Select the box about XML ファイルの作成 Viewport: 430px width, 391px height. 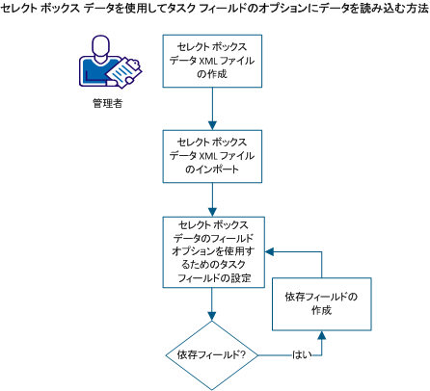pyautogui.click(x=211, y=60)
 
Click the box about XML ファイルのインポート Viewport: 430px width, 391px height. pyautogui.click(x=211, y=154)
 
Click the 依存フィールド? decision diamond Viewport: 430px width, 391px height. pyautogui.click(x=211, y=355)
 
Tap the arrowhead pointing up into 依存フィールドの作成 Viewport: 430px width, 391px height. pyautogui.click(x=322, y=337)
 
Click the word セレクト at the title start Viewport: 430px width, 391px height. pyautogui.click(x=22, y=9)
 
